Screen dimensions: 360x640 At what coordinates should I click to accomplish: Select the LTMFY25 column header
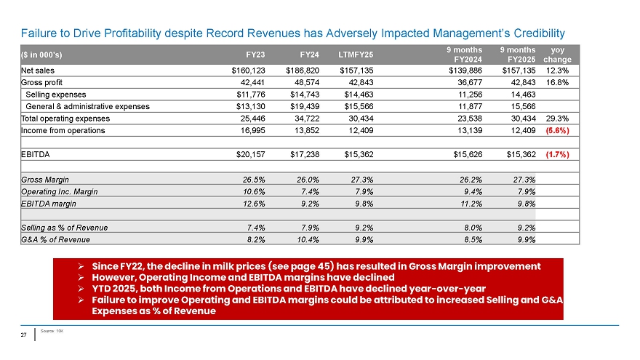[356, 54]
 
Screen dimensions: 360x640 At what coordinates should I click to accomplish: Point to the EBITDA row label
[34, 154]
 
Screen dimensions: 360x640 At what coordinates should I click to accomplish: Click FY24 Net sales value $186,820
[300, 71]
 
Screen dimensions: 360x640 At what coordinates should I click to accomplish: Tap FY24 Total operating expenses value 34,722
[303, 119]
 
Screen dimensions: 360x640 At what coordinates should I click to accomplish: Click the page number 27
[24, 335]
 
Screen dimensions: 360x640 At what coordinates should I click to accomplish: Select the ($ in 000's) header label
[42, 54]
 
